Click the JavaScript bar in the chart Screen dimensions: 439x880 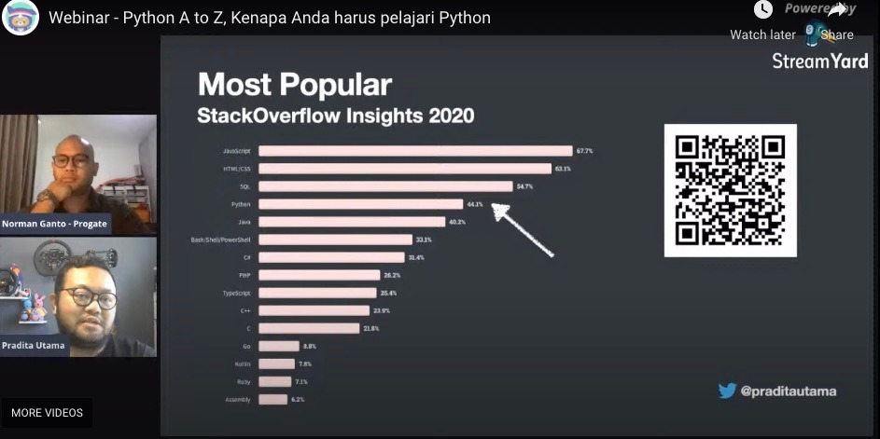(x=414, y=151)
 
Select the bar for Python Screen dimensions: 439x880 (x=360, y=204)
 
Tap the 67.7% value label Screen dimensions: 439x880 (x=585, y=151)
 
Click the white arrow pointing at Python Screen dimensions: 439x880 (x=522, y=229)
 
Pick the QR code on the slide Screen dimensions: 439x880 (x=730, y=190)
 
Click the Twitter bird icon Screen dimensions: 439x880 (x=727, y=391)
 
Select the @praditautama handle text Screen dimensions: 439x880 (x=788, y=391)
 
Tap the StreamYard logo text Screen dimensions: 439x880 (x=819, y=61)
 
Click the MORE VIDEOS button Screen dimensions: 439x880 (x=47, y=413)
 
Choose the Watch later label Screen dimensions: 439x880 (x=762, y=34)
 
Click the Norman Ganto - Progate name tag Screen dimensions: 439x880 (x=54, y=224)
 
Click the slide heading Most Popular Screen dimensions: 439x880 (x=294, y=85)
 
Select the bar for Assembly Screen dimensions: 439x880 (x=272, y=399)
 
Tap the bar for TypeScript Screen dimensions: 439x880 (x=317, y=293)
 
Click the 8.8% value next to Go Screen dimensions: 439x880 (x=311, y=346)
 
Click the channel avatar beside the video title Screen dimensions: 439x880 (x=21, y=18)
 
